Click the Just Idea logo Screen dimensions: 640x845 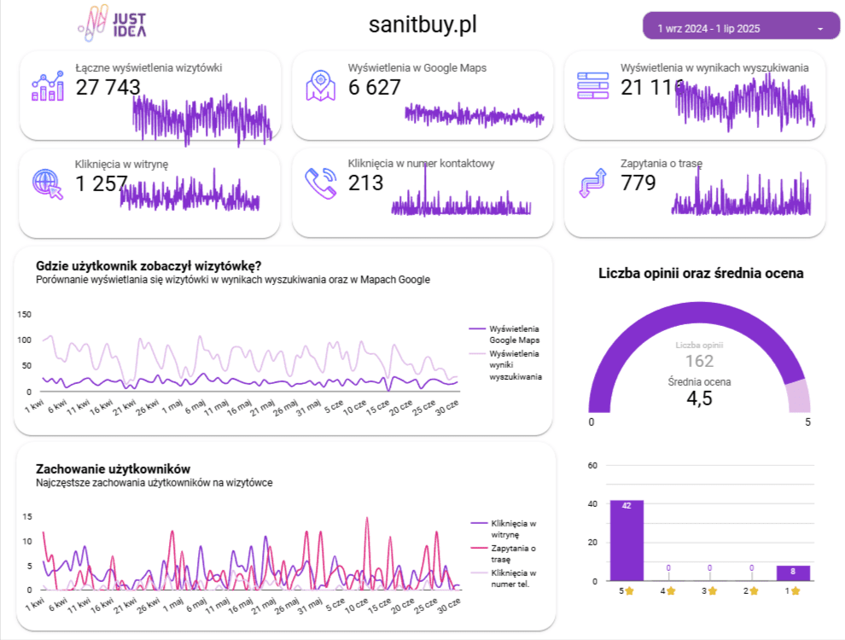[112, 24]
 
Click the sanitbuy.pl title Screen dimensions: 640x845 [422, 25]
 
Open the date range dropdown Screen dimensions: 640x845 [741, 27]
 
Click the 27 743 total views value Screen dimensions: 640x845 [108, 87]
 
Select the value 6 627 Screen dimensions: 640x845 [374, 87]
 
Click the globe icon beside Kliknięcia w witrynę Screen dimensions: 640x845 [47, 183]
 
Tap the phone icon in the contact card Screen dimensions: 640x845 [320, 183]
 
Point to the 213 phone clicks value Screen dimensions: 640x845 [365, 183]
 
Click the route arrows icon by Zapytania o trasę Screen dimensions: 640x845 [592, 183]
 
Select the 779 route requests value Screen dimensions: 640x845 [638, 183]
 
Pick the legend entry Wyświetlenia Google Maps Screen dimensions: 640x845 [514, 334]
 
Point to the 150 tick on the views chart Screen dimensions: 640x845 [25, 315]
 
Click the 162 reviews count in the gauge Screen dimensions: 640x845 [699, 361]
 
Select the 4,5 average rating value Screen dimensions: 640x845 [699, 399]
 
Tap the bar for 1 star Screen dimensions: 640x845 [793, 573]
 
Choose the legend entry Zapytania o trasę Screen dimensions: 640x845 [513, 553]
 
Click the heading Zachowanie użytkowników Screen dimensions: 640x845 [113, 468]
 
